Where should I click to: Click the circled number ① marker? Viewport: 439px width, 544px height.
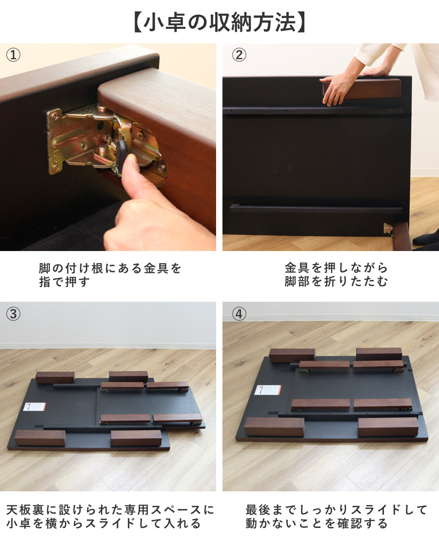click(x=13, y=55)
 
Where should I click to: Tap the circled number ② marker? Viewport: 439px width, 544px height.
click(x=239, y=55)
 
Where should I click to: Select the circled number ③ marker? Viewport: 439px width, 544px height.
click(x=13, y=313)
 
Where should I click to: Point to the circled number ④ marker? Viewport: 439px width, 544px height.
click(x=239, y=313)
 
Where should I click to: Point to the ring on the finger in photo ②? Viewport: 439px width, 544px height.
click(x=336, y=99)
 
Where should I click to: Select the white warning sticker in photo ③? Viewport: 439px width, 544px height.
click(x=35, y=407)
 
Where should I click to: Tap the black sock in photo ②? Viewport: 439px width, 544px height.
click(x=426, y=239)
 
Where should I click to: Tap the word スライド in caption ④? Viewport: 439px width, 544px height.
click(x=376, y=510)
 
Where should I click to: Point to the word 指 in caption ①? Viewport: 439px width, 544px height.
click(x=45, y=282)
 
